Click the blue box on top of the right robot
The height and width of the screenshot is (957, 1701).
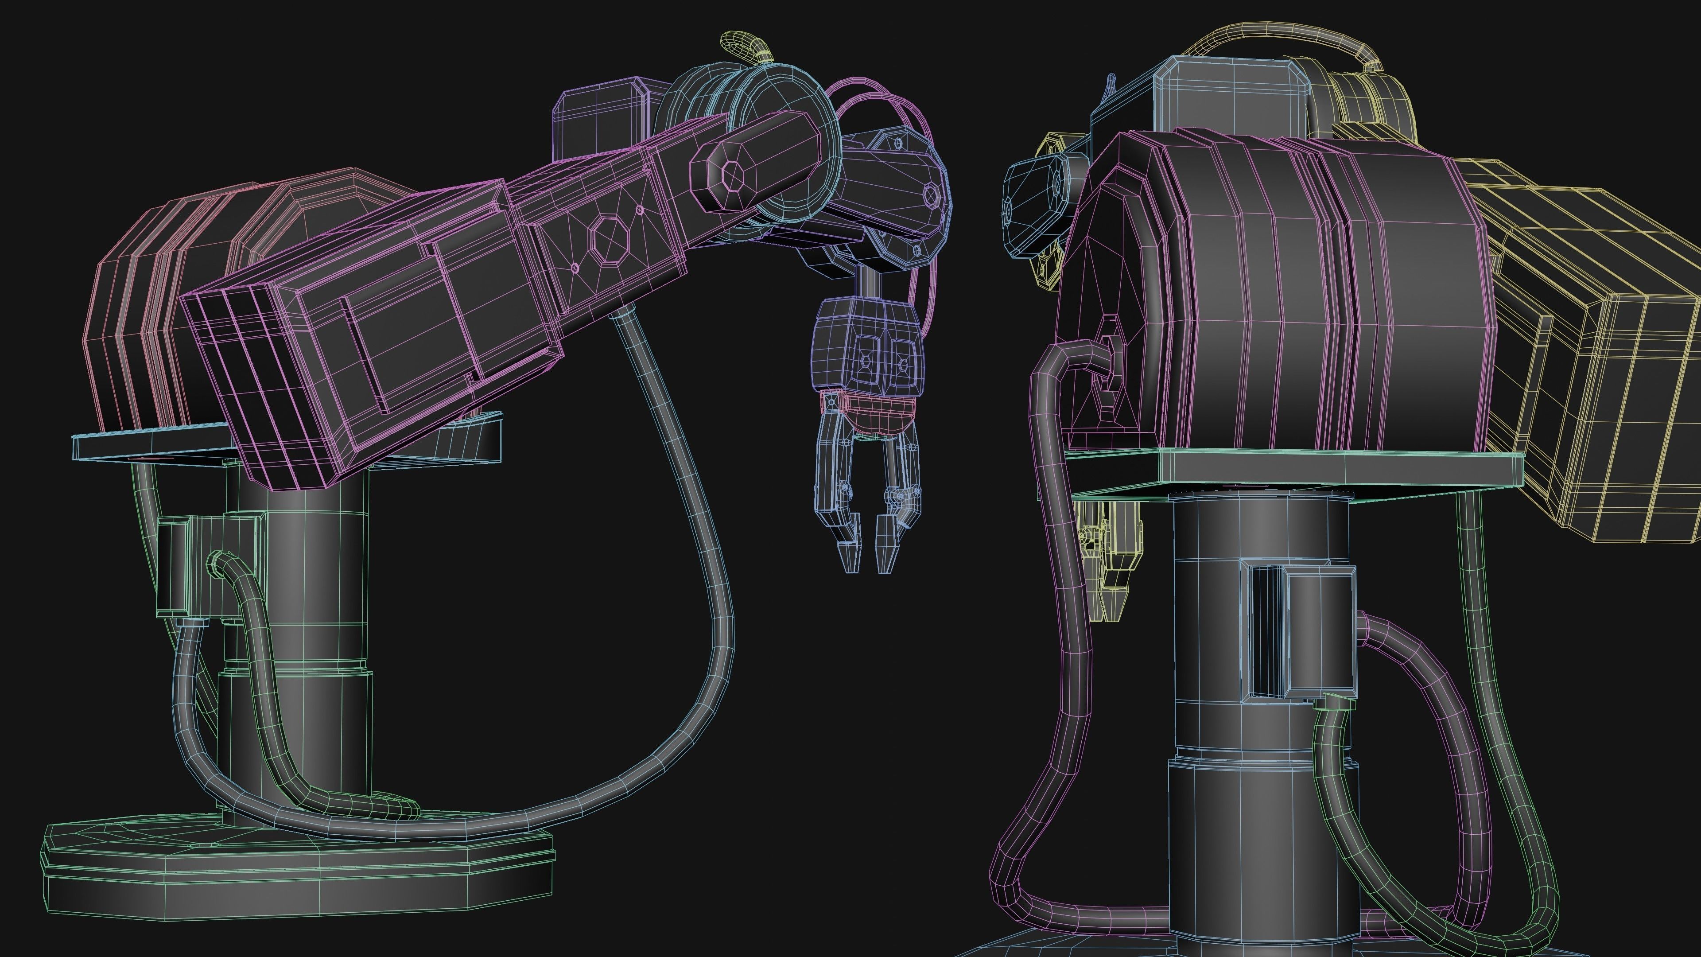1231,96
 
